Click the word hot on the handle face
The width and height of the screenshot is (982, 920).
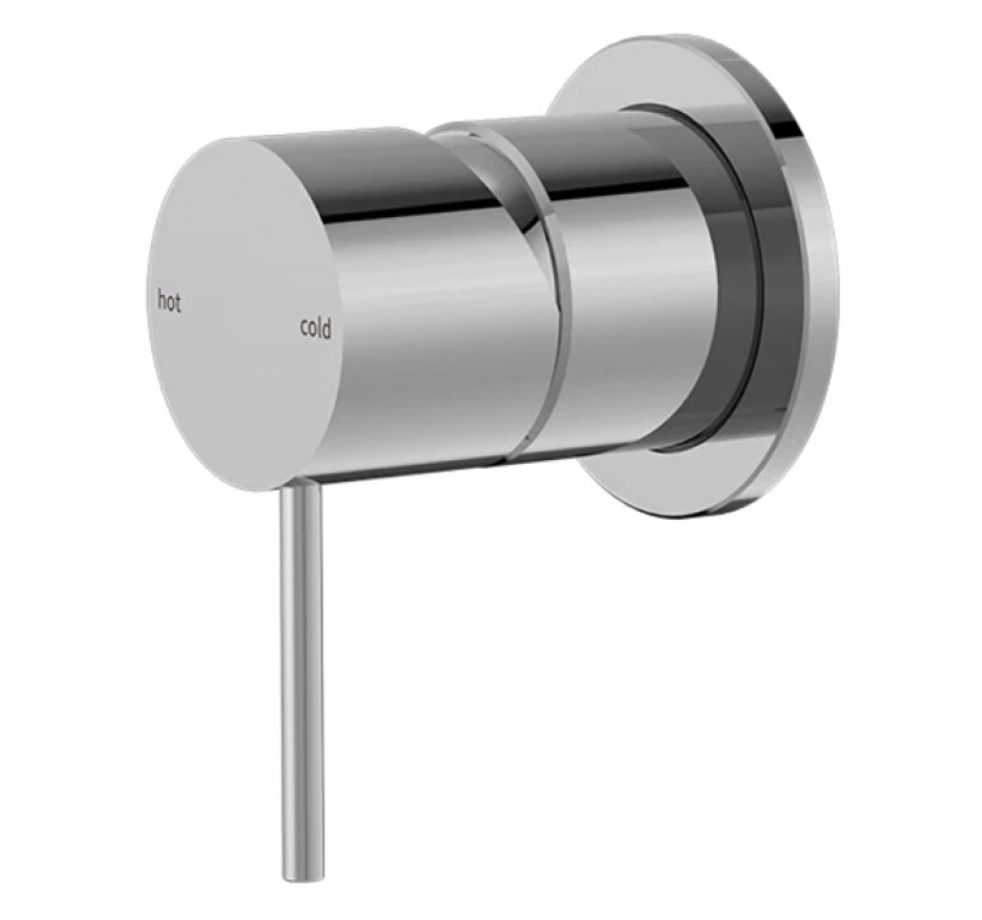point(169,300)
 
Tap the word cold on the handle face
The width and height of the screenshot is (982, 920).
point(315,327)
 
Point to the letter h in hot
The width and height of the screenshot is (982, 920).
point(161,300)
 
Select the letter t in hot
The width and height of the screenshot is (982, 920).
point(177,303)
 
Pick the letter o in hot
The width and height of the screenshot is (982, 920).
point(170,304)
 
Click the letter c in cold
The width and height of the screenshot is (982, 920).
point(304,327)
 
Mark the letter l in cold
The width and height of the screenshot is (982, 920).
point(320,327)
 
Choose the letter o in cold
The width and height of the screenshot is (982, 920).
point(312,329)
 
